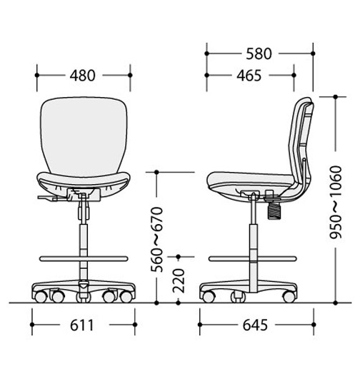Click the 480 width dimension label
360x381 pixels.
pos(82,76)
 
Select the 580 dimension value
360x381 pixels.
pos(259,54)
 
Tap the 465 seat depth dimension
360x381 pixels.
pos(249,76)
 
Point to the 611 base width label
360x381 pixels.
pos(82,325)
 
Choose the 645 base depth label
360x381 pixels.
pos(255,325)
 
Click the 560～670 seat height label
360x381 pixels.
pos(157,239)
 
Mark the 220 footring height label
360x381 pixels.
pos(179,280)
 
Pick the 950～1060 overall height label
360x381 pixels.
pos(336,203)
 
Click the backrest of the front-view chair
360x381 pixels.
pos(84,136)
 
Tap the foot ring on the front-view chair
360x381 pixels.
pos(84,258)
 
